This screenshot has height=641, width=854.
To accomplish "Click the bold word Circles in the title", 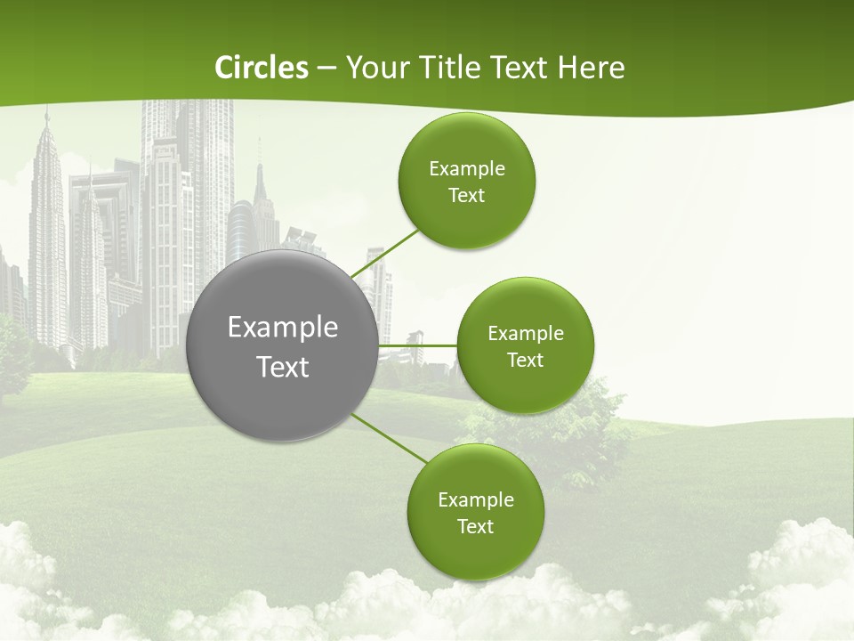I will click(x=262, y=68).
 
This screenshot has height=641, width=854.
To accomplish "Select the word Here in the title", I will click(x=592, y=68).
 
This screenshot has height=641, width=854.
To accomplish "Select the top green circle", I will click(x=466, y=181).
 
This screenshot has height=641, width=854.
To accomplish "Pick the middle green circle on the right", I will click(x=525, y=345).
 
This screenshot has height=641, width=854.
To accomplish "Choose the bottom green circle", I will click(x=475, y=512).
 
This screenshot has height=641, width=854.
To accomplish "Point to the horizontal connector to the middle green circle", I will click(x=418, y=345).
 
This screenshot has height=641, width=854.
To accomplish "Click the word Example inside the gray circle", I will click(x=283, y=328).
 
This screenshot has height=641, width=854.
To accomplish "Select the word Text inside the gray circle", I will click(x=283, y=367).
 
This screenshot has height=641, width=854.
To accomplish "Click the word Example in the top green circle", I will click(x=466, y=168).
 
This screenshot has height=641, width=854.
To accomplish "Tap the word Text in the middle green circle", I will click(x=525, y=360).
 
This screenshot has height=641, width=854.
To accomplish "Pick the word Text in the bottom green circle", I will click(x=475, y=526).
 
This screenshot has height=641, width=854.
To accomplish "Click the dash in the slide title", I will click(x=326, y=69).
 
